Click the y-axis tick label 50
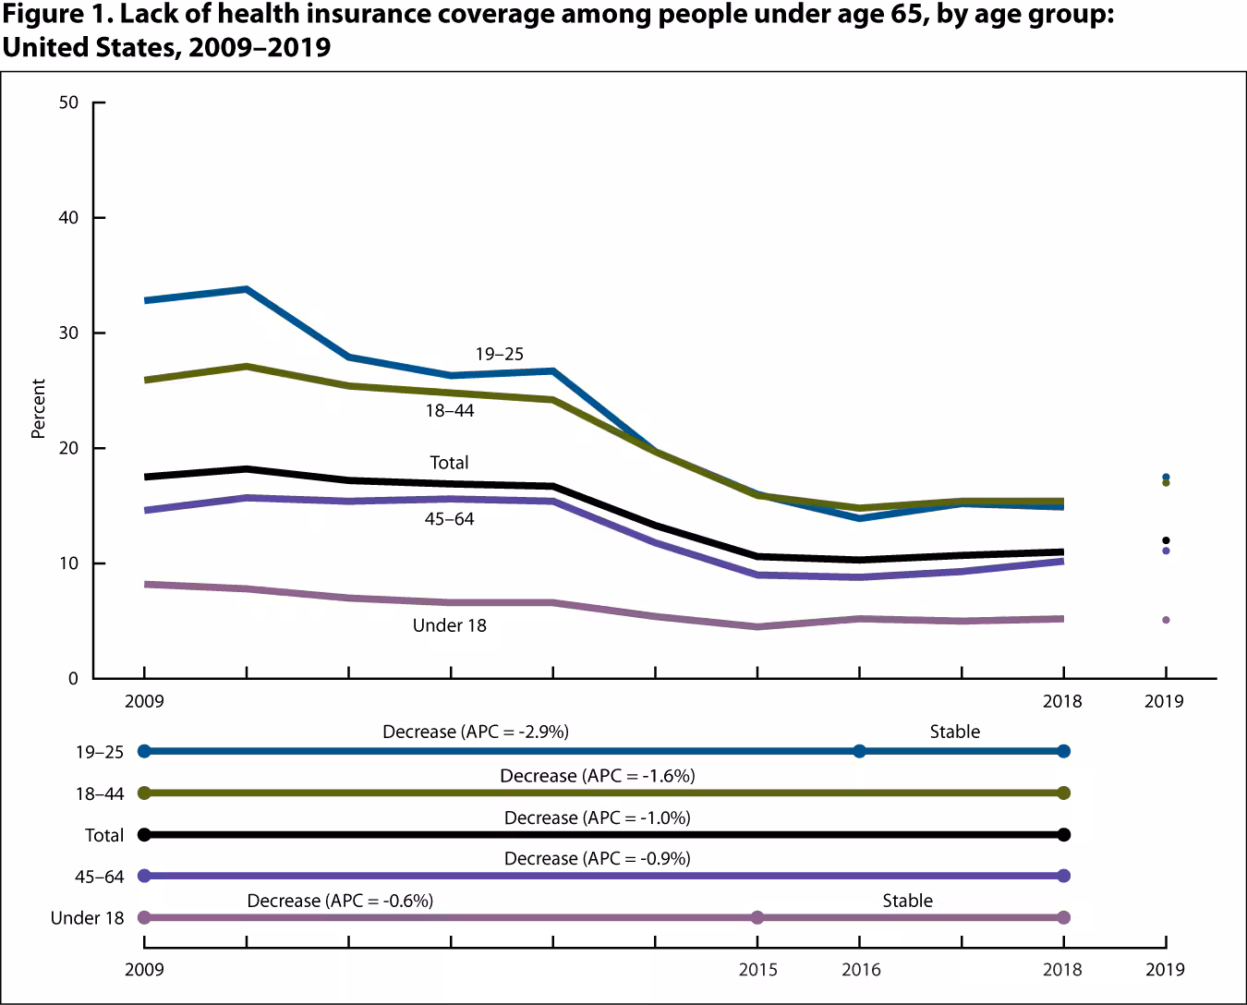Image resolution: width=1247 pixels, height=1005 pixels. [x=68, y=103]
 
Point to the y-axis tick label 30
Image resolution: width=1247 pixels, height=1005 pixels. [x=68, y=333]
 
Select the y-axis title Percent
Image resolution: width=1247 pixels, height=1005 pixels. [x=39, y=408]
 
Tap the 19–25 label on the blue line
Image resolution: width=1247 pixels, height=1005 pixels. [x=500, y=354]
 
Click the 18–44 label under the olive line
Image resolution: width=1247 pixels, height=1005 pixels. [x=450, y=410]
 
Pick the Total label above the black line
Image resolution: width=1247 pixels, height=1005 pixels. [x=449, y=463]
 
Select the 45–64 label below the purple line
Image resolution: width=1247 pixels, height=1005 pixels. [x=450, y=519]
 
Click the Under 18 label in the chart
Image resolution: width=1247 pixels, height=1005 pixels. [x=449, y=625]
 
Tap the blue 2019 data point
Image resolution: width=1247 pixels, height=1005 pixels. [x=1166, y=477]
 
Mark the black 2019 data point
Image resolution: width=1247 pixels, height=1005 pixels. [x=1166, y=540]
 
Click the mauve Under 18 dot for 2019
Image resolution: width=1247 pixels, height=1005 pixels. [x=1166, y=620]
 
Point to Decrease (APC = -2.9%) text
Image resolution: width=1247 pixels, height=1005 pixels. [x=476, y=732]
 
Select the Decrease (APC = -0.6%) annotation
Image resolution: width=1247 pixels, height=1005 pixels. [x=340, y=901]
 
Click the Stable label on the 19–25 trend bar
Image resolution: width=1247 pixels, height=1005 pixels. [x=954, y=732]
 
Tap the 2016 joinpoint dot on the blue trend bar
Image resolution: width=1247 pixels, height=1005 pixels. [x=860, y=751]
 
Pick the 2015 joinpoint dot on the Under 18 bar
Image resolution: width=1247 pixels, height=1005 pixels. [x=757, y=917]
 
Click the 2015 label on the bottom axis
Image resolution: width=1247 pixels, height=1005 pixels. [x=757, y=970]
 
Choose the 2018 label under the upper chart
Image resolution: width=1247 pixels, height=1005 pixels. [x=1062, y=701]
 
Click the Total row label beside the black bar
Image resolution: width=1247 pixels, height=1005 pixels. [x=103, y=835]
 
